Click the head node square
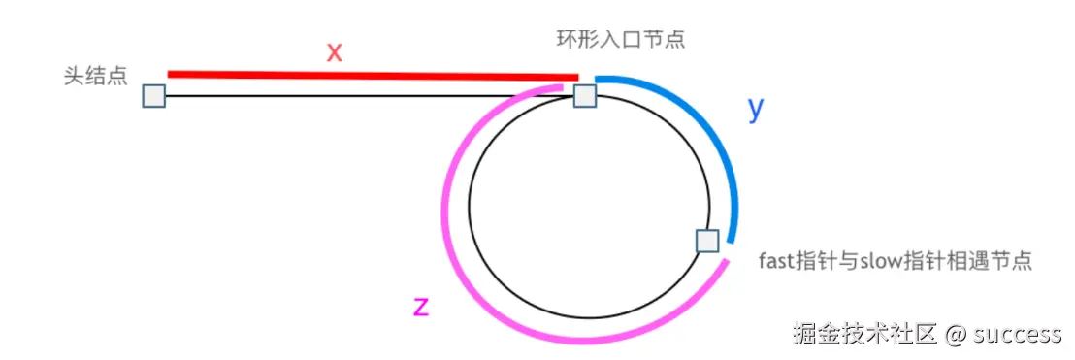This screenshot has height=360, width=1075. point(153,96)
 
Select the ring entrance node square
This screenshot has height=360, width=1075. point(585,95)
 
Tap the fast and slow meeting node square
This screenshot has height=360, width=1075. point(707,241)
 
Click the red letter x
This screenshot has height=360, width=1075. point(335,52)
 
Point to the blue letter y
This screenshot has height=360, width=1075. point(757,110)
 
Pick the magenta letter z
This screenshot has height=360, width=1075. point(421,306)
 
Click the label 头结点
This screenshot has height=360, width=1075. point(96,76)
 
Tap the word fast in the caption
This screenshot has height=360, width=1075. point(778,260)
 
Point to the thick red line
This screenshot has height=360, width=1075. point(374,75)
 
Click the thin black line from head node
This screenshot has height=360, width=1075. point(340,96)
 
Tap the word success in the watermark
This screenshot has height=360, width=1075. point(1018,335)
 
